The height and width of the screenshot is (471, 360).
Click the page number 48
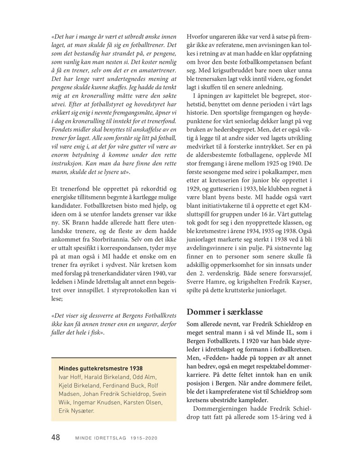[56, 437]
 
